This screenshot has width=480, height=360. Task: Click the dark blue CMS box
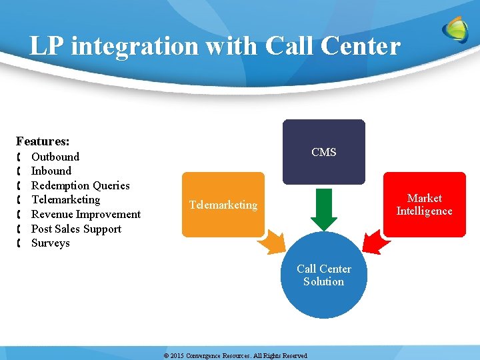[x=324, y=152]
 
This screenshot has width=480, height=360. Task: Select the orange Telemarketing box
[x=223, y=205]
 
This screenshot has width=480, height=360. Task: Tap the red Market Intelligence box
[x=425, y=205]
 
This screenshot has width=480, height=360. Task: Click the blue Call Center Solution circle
[x=324, y=275]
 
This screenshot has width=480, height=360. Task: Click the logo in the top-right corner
[x=456, y=30]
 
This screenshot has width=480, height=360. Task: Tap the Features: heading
[x=43, y=141]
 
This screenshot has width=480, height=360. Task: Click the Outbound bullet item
[x=55, y=157]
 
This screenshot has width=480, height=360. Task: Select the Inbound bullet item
[x=51, y=171]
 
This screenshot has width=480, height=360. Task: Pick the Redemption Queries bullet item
[x=81, y=185]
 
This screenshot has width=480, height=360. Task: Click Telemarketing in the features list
[x=66, y=199]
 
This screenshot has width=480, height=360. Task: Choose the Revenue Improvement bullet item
[x=86, y=214]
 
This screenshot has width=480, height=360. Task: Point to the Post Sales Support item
[x=77, y=229]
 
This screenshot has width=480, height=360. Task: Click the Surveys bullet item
[x=51, y=243]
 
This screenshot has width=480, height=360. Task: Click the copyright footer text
[x=235, y=356]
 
